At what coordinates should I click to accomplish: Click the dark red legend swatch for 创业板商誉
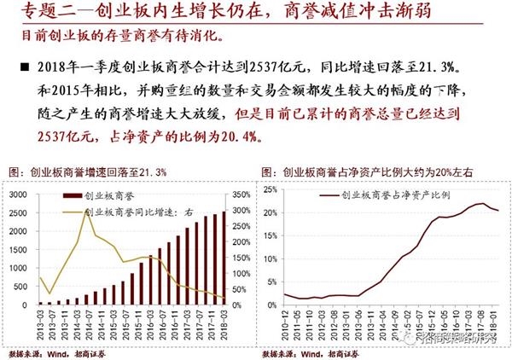pos(67,196)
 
